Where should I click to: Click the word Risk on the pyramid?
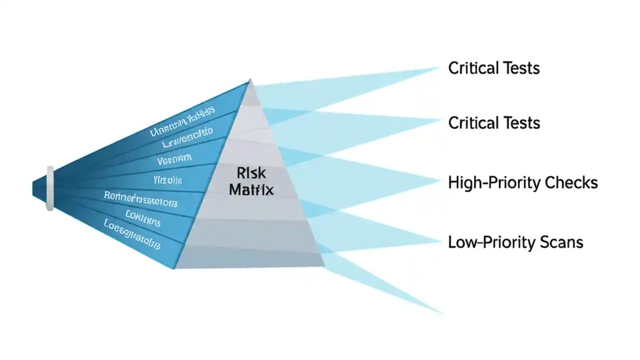tap(250, 173)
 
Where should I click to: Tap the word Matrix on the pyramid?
tap(251, 190)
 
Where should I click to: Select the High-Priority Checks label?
tap(523, 183)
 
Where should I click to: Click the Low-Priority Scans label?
tap(515, 242)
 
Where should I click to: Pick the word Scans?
tap(561, 242)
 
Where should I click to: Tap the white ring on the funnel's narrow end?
tap(49, 188)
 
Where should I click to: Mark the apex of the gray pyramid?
tap(250, 80)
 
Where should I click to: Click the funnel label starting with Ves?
tap(174, 160)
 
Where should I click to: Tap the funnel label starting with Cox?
tap(143, 219)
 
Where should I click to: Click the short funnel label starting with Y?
tap(167, 179)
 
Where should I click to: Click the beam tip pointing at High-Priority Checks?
tap(440, 181)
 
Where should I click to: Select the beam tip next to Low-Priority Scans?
tap(440, 242)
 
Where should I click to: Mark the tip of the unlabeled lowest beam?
tap(442, 313)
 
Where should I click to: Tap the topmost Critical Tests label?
tap(494, 68)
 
